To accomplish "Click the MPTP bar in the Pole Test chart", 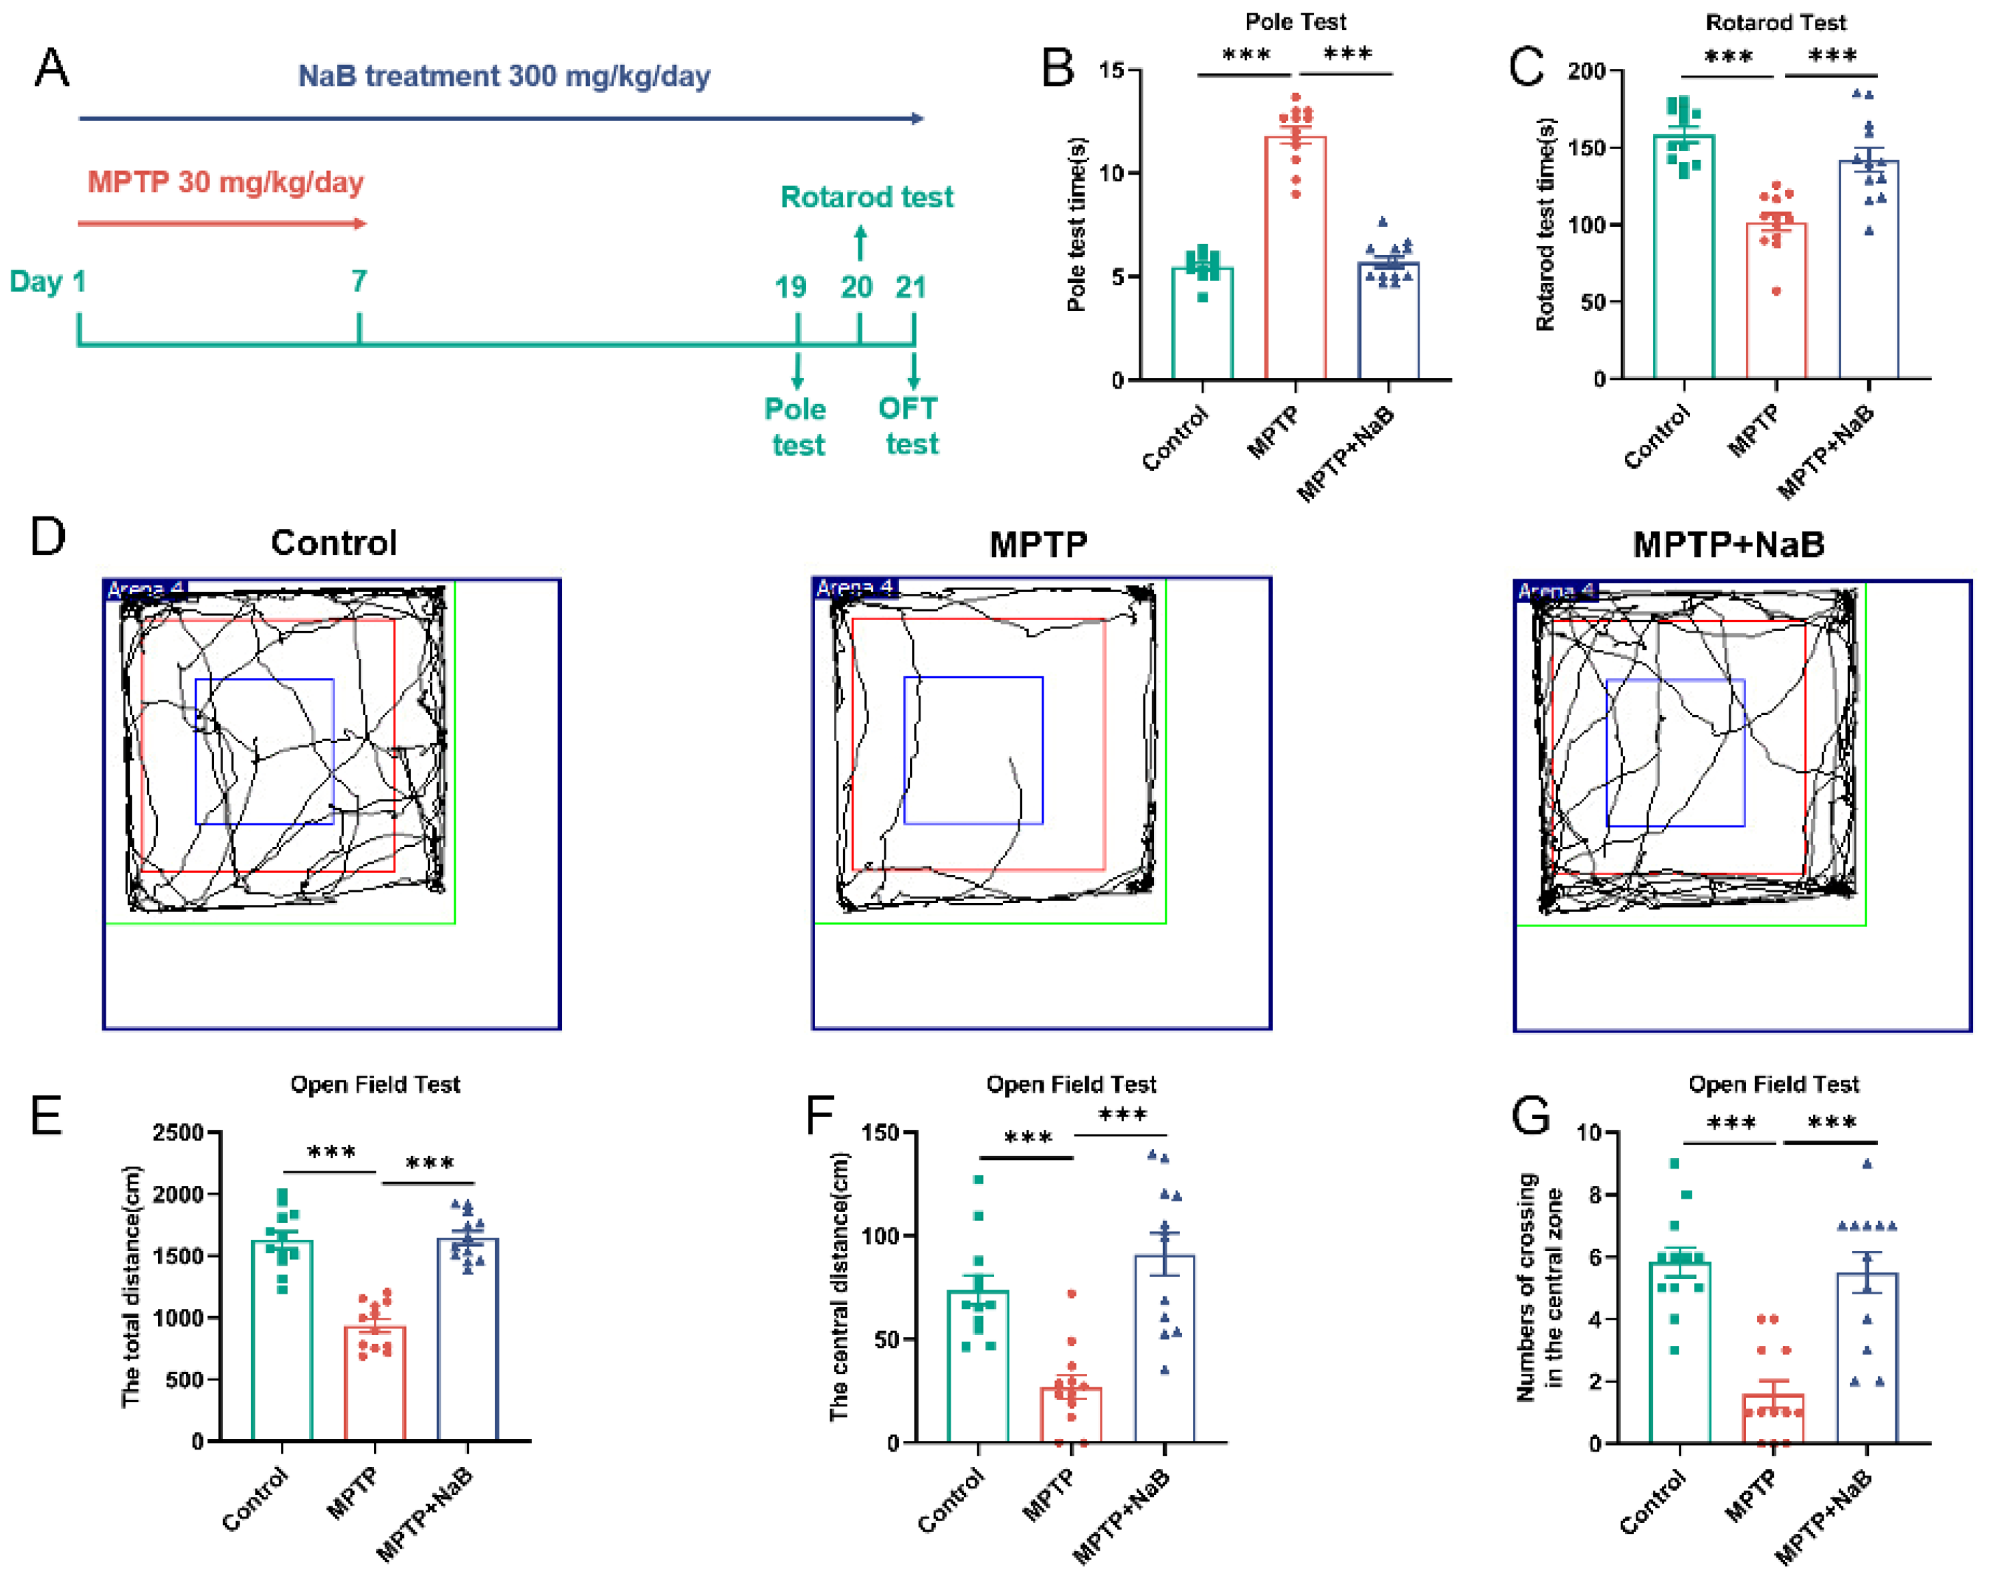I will click(1295, 259).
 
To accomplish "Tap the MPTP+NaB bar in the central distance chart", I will click(1164, 1351).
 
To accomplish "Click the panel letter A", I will click(52, 68).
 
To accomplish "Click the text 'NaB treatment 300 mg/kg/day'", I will click(504, 76).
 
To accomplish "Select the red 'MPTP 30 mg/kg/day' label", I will click(225, 181).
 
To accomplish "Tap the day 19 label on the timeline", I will click(790, 287).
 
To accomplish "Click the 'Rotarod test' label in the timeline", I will click(867, 197).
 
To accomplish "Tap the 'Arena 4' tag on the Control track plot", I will click(145, 589).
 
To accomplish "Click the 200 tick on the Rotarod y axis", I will click(1586, 71).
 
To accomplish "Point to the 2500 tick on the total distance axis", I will click(178, 1132).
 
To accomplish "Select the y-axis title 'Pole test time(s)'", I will click(1076, 225).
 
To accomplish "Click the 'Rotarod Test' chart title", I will click(1776, 22).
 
